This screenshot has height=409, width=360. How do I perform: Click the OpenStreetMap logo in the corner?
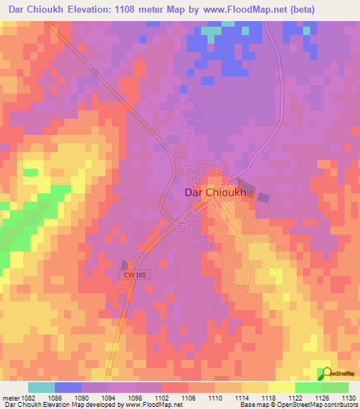(x=337, y=373)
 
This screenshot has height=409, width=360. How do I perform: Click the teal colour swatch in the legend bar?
(x=41, y=387)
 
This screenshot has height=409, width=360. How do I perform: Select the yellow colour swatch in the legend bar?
(x=281, y=387)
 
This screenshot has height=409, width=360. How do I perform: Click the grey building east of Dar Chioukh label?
(x=263, y=199)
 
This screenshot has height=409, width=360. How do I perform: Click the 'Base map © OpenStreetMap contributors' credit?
(x=296, y=404)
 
